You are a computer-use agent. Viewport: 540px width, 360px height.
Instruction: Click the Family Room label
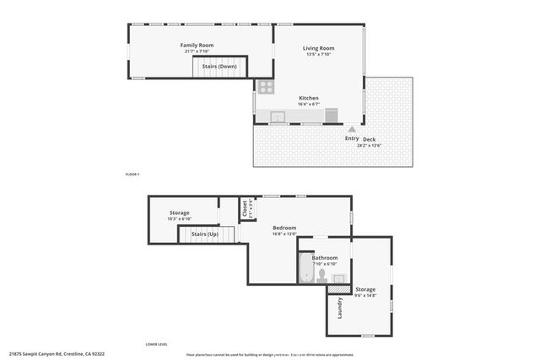tap(197, 45)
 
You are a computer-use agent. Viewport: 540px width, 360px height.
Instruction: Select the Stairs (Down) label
tap(219, 66)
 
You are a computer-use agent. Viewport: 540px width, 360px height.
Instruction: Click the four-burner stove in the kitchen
tap(266, 86)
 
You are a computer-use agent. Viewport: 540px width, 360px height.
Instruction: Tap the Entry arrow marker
tap(352, 130)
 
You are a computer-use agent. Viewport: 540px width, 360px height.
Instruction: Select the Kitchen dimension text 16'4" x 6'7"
tap(308, 105)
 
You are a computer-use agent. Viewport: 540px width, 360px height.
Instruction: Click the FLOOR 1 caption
tap(131, 174)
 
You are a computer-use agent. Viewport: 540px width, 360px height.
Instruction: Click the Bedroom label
tap(283, 228)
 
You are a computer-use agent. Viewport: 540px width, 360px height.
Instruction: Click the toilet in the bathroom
tap(321, 274)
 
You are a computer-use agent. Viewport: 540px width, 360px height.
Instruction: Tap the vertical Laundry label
tap(339, 308)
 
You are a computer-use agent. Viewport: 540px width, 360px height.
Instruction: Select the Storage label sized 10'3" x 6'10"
tap(179, 213)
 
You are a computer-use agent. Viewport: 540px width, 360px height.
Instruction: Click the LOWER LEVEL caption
tap(156, 344)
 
